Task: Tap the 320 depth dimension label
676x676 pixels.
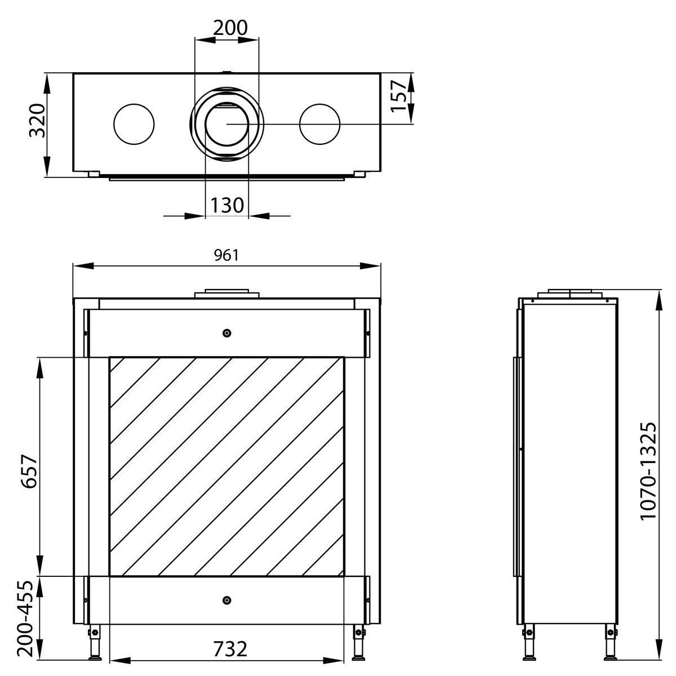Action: [38, 121]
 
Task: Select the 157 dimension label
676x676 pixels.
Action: [398, 96]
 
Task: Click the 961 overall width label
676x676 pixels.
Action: [226, 255]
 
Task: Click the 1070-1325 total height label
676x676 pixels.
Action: [649, 471]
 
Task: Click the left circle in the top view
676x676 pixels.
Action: [134, 124]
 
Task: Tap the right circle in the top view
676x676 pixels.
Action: [319, 124]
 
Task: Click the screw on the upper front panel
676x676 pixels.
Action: [226, 333]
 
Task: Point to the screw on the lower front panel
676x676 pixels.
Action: [226, 601]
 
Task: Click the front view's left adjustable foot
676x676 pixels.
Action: [95, 653]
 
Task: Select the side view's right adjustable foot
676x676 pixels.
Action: [610, 653]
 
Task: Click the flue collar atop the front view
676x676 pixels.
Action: [226, 293]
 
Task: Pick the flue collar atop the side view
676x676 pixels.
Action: [570, 293]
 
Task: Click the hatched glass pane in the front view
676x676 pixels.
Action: [226, 466]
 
